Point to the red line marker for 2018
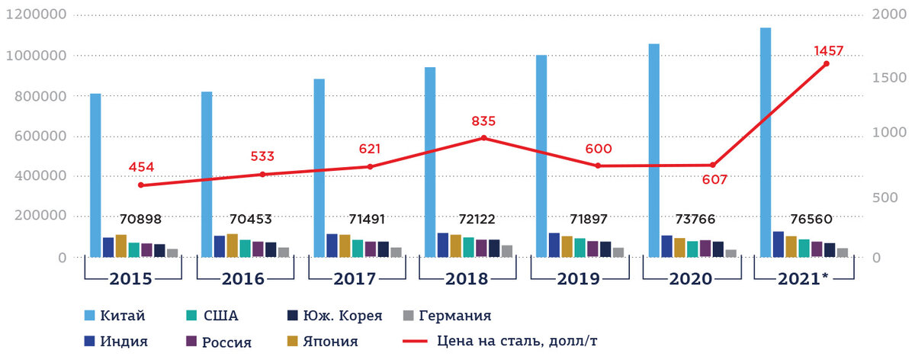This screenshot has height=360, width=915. [x=483, y=138]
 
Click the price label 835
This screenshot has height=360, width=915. [x=483, y=121]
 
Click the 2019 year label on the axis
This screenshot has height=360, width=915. [x=578, y=278]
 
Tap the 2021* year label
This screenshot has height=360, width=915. [x=804, y=278]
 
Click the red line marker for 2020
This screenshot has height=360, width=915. [x=713, y=165]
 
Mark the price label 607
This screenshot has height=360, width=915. [x=714, y=181]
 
